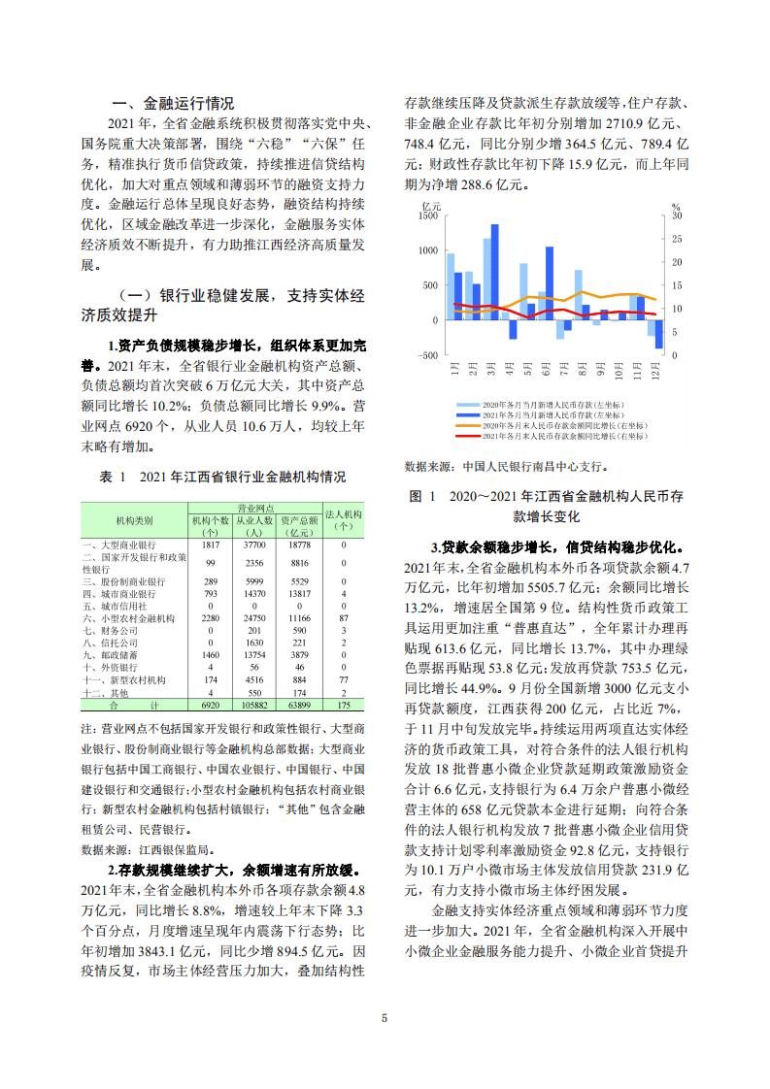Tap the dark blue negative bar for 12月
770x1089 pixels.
point(659,334)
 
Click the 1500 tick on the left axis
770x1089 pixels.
point(429,216)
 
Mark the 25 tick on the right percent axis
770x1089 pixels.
point(677,239)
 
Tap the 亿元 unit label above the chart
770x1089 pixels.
point(433,205)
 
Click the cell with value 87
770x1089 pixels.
point(343,618)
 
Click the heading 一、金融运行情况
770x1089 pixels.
point(173,104)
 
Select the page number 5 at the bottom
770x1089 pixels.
point(385,1018)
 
